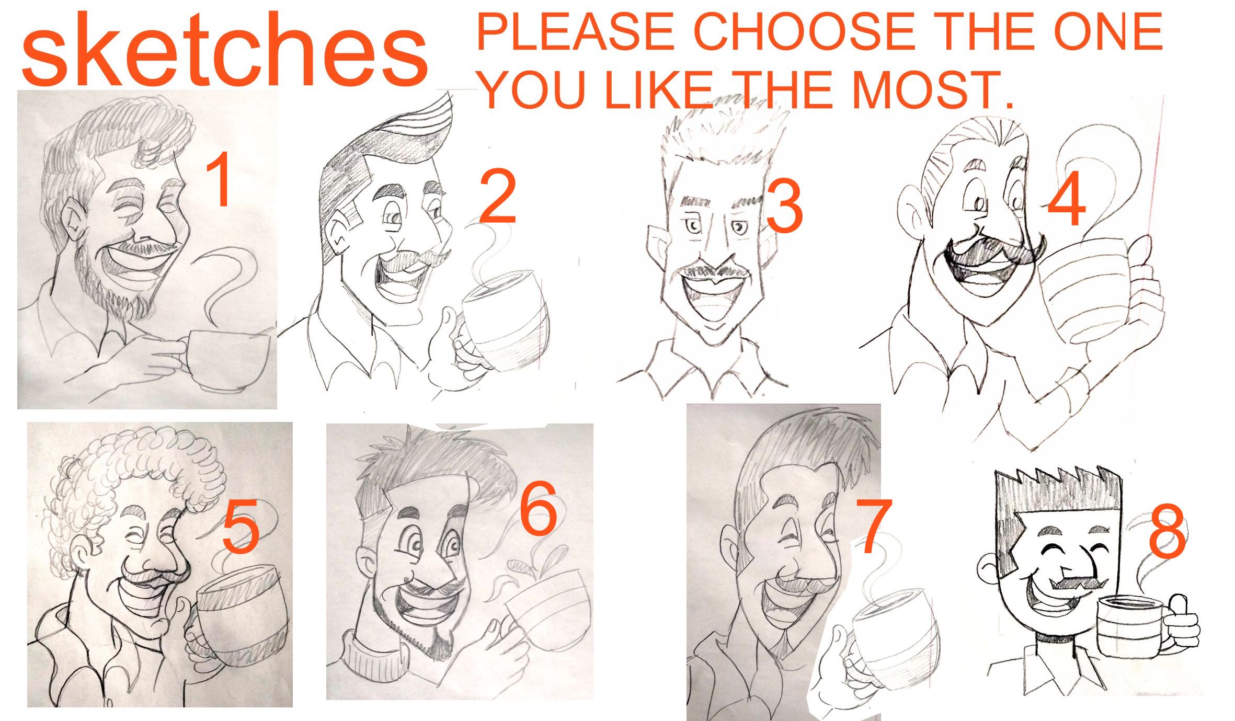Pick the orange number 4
pos(1067,200)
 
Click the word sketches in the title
pos(224,51)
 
